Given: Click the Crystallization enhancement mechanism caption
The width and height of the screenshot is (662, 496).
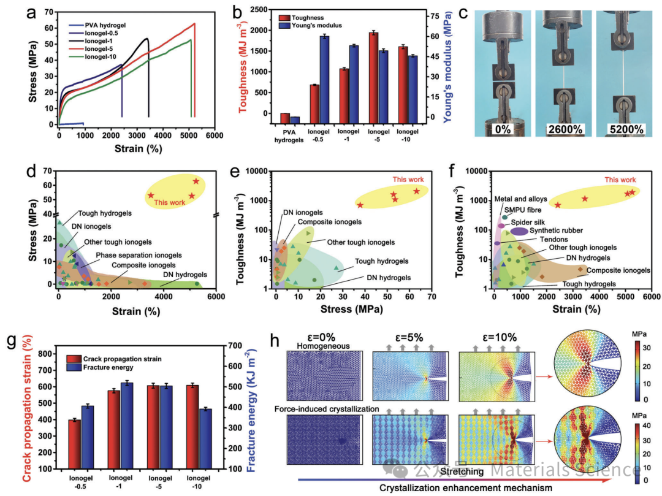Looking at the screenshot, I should point(466,487).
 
